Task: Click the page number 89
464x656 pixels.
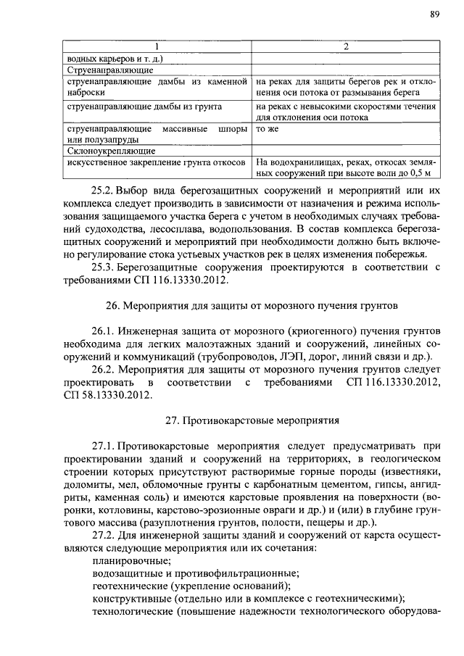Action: pos(434,14)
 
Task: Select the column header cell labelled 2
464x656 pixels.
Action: pos(346,47)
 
